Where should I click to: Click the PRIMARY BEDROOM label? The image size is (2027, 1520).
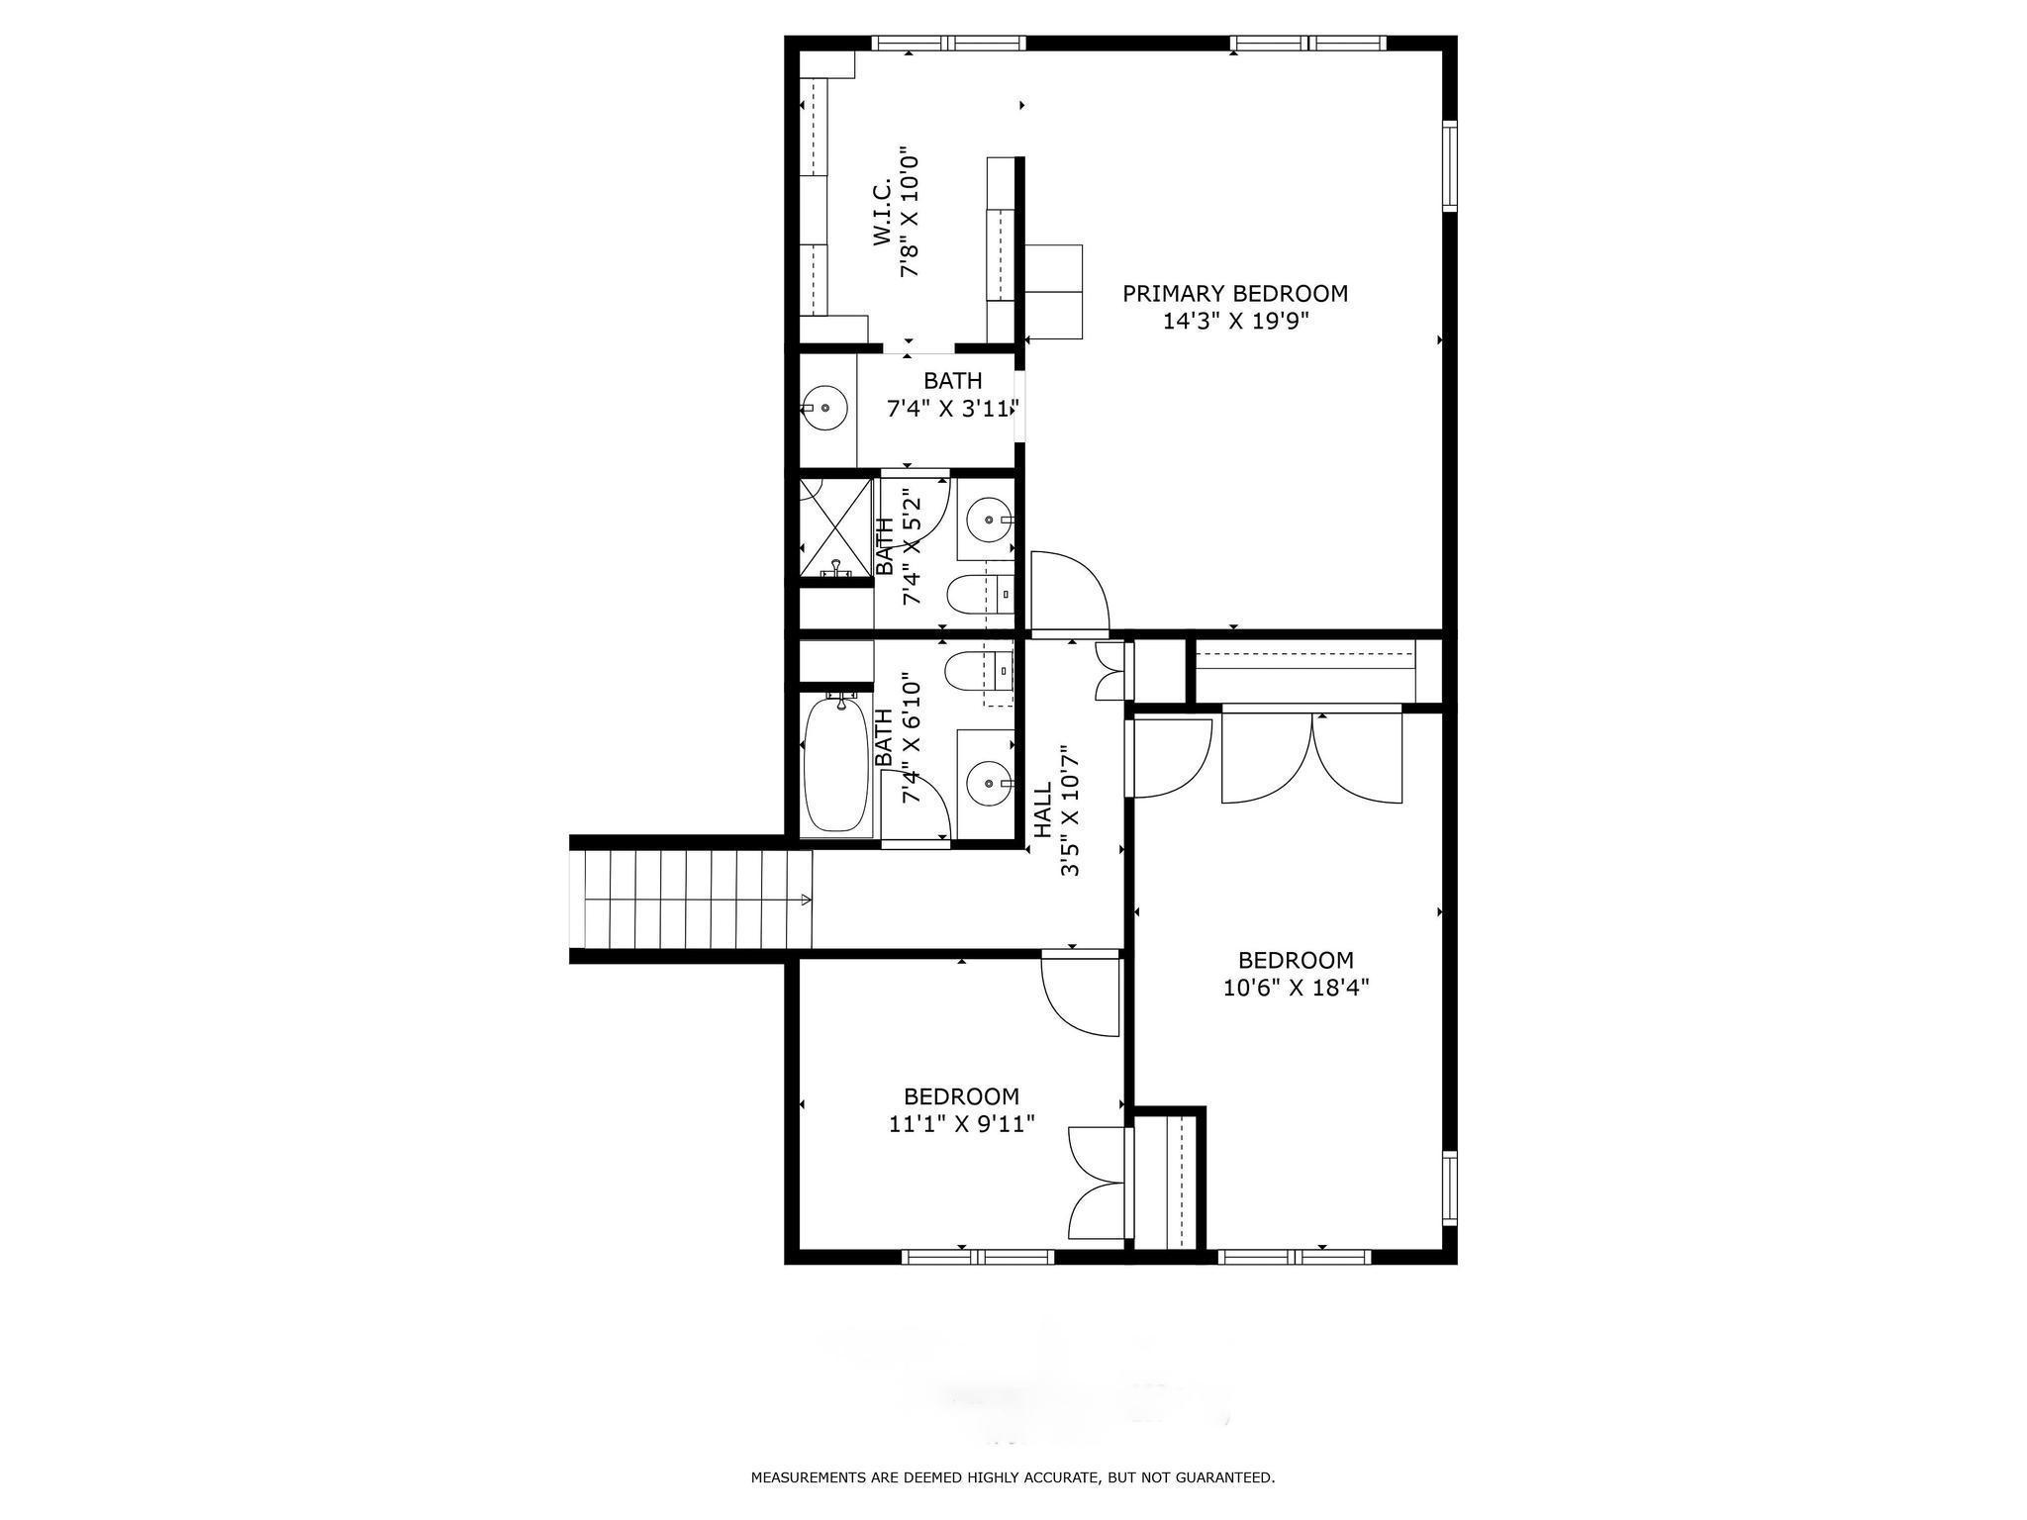pyautogui.click(x=1234, y=294)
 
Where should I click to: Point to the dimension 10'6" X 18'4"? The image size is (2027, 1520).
pyautogui.click(x=1296, y=988)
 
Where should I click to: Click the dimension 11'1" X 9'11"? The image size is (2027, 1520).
pyautogui.click(x=961, y=1124)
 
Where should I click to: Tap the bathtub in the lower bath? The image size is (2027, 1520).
pyautogui.click(x=834, y=764)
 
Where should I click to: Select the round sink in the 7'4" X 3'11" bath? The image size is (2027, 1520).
pyautogui.click(x=823, y=407)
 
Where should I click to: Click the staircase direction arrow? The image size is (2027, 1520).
pyautogui.click(x=806, y=900)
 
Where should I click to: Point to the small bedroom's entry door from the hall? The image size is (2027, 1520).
pyautogui.click(x=1080, y=995)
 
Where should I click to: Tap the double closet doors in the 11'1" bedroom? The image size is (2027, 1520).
pyautogui.click(x=1097, y=1182)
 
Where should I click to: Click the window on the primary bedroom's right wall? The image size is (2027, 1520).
pyautogui.click(x=1449, y=165)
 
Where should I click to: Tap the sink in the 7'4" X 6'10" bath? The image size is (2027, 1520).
pyautogui.click(x=985, y=784)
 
